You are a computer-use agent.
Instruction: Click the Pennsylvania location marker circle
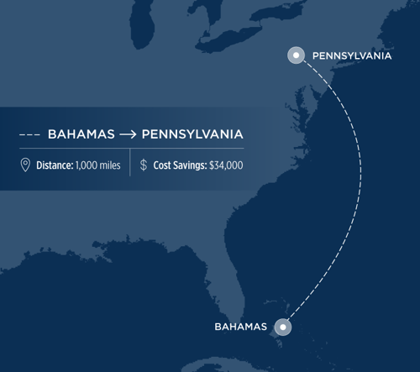click(x=295, y=56)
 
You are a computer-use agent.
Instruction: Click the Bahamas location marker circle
click(x=284, y=326)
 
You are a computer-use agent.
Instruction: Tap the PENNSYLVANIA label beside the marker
click(x=351, y=56)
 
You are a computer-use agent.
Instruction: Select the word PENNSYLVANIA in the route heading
click(x=193, y=134)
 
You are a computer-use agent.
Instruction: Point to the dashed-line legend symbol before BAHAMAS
click(x=29, y=134)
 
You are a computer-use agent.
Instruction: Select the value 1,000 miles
click(x=99, y=165)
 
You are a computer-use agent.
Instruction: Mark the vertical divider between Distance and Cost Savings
click(x=129, y=165)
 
